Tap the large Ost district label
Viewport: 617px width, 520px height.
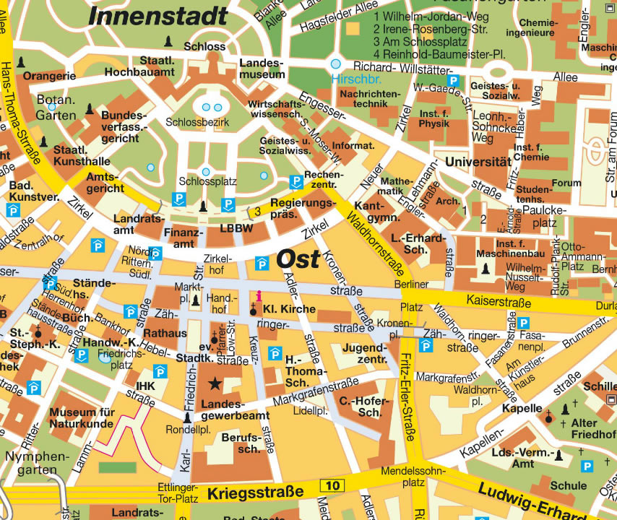point(298,259)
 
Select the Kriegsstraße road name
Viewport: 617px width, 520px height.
point(255,493)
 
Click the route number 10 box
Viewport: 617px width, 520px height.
point(332,485)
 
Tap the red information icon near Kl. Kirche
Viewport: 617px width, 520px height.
point(259,295)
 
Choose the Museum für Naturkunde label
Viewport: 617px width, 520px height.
point(82,419)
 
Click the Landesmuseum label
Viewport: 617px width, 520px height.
point(262,69)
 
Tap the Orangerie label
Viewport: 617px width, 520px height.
point(49,76)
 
